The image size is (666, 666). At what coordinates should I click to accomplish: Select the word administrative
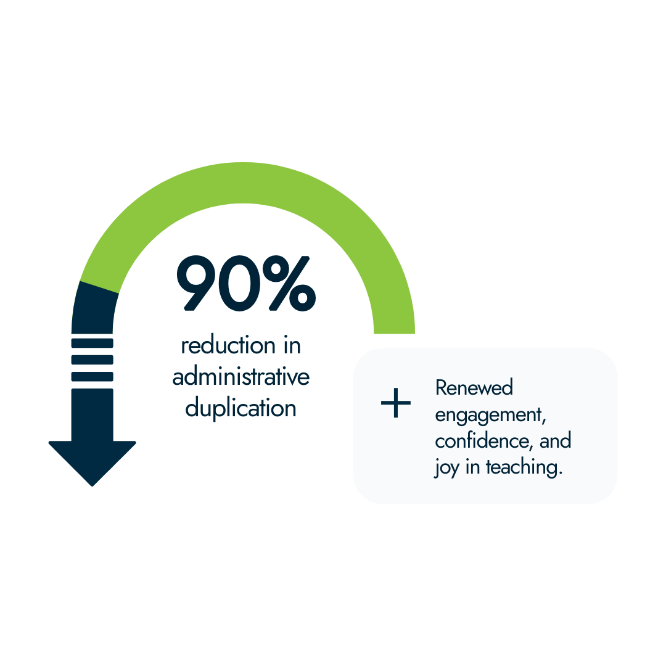(x=240, y=377)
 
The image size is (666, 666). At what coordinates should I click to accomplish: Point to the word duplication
(x=240, y=408)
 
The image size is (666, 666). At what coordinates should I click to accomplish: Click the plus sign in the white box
(x=395, y=404)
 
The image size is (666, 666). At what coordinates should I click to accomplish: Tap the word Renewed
(x=466, y=388)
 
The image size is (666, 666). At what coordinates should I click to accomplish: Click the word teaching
(x=524, y=467)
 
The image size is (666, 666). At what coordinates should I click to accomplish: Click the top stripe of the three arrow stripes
(x=92, y=343)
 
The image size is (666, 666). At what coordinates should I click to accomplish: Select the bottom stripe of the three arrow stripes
(x=92, y=376)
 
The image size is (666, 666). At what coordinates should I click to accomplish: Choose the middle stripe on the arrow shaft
(x=92, y=360)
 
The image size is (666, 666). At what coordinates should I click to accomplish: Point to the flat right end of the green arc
(x=394, y=329)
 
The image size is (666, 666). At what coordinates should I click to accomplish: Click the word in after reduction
(x=291, y=346)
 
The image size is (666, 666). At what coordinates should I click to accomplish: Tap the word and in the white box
(x=556, y=441)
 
